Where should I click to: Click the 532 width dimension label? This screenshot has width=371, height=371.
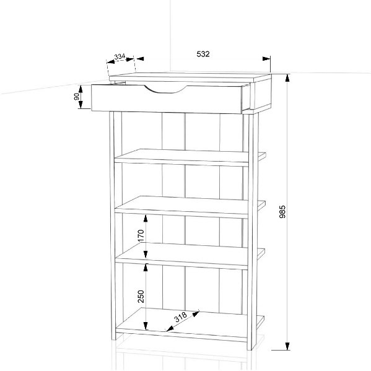click(203, 54)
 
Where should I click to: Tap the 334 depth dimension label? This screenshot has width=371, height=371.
click(120, 57)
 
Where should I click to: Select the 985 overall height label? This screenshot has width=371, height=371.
click(282, 212)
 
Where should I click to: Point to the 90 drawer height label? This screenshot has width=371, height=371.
click(77, 97)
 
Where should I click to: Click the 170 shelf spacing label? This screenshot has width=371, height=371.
click(141, 235)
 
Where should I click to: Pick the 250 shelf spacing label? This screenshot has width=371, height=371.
click(141, 297)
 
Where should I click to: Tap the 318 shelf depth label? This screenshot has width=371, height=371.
click(181, 317)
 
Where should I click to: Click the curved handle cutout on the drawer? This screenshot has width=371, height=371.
click(165, 90)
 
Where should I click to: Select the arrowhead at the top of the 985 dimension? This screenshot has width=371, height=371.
click(287, 78)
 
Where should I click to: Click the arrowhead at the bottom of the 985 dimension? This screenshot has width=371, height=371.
click(287, 346)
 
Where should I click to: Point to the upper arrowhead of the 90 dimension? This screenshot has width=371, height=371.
click(81, 89)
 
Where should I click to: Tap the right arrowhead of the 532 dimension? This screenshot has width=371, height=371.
click(266, 58)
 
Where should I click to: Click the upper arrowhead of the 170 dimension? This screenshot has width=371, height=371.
click(146, 219)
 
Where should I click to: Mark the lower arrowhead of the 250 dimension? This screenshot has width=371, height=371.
click(146, 326)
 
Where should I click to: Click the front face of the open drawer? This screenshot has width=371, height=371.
click(167, 99)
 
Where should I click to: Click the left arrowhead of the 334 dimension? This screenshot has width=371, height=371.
click(111, 62)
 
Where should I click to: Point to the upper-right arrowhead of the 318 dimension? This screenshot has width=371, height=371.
click(196, 314)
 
